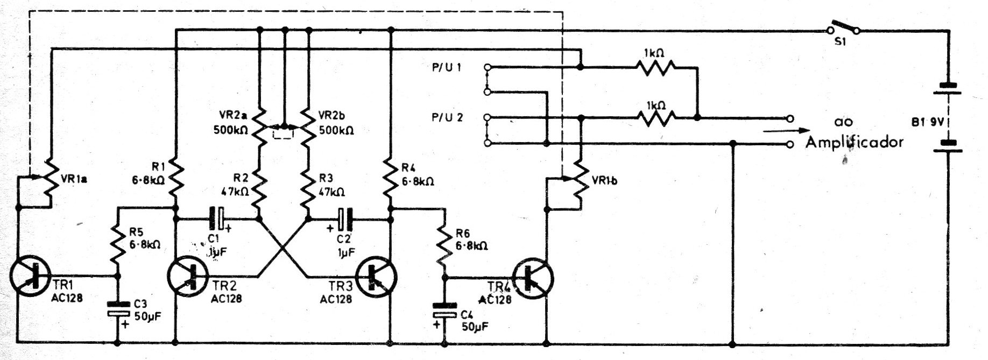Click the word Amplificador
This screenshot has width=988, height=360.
854,142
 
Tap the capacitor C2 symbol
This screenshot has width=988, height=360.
344,218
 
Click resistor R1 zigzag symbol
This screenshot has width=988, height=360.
175,180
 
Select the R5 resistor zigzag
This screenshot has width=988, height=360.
118,245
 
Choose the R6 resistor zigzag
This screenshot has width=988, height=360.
444,245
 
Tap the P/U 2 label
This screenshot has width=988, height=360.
446,117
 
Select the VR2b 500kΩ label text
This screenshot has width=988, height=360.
336,123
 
